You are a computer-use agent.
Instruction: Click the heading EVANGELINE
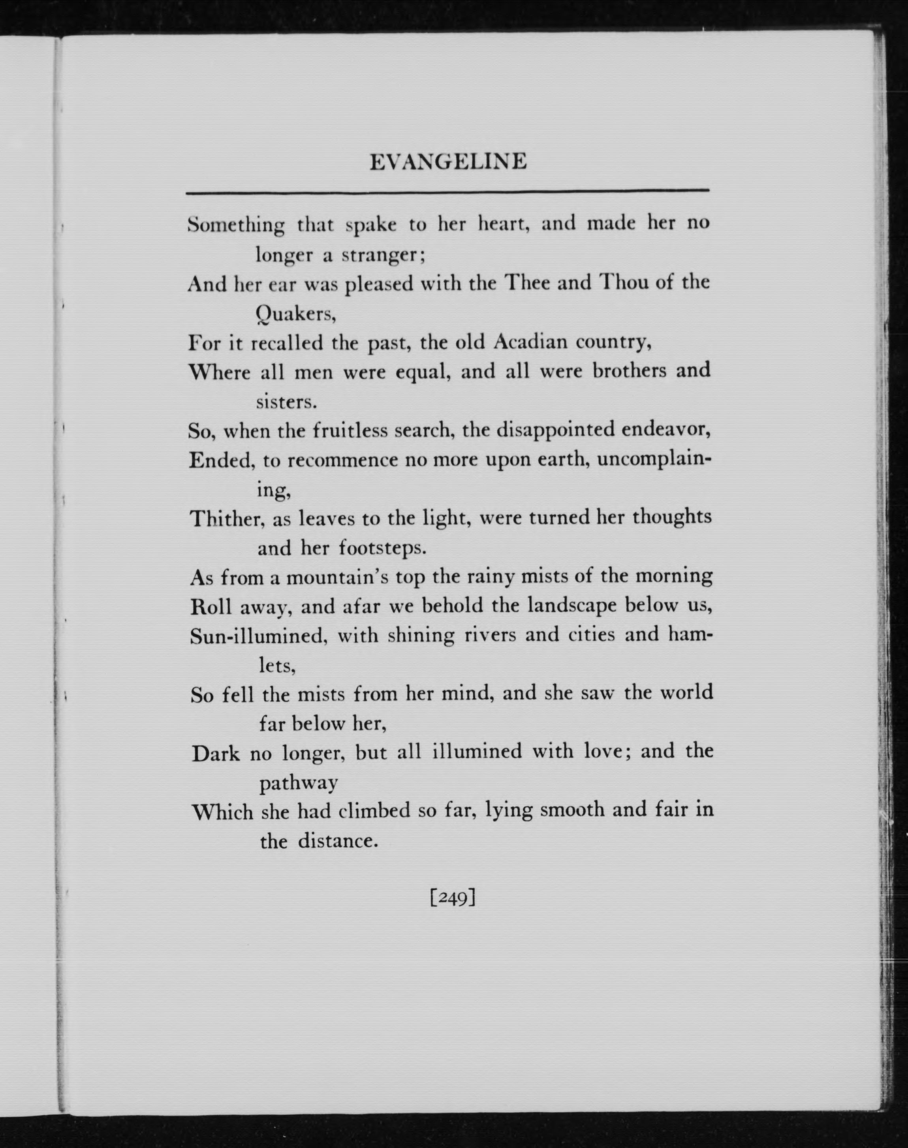click(448, 162)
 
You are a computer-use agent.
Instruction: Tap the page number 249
click(452, 898)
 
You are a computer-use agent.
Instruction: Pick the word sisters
click(286, 402)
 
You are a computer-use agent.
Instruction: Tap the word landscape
click(570, 606)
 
